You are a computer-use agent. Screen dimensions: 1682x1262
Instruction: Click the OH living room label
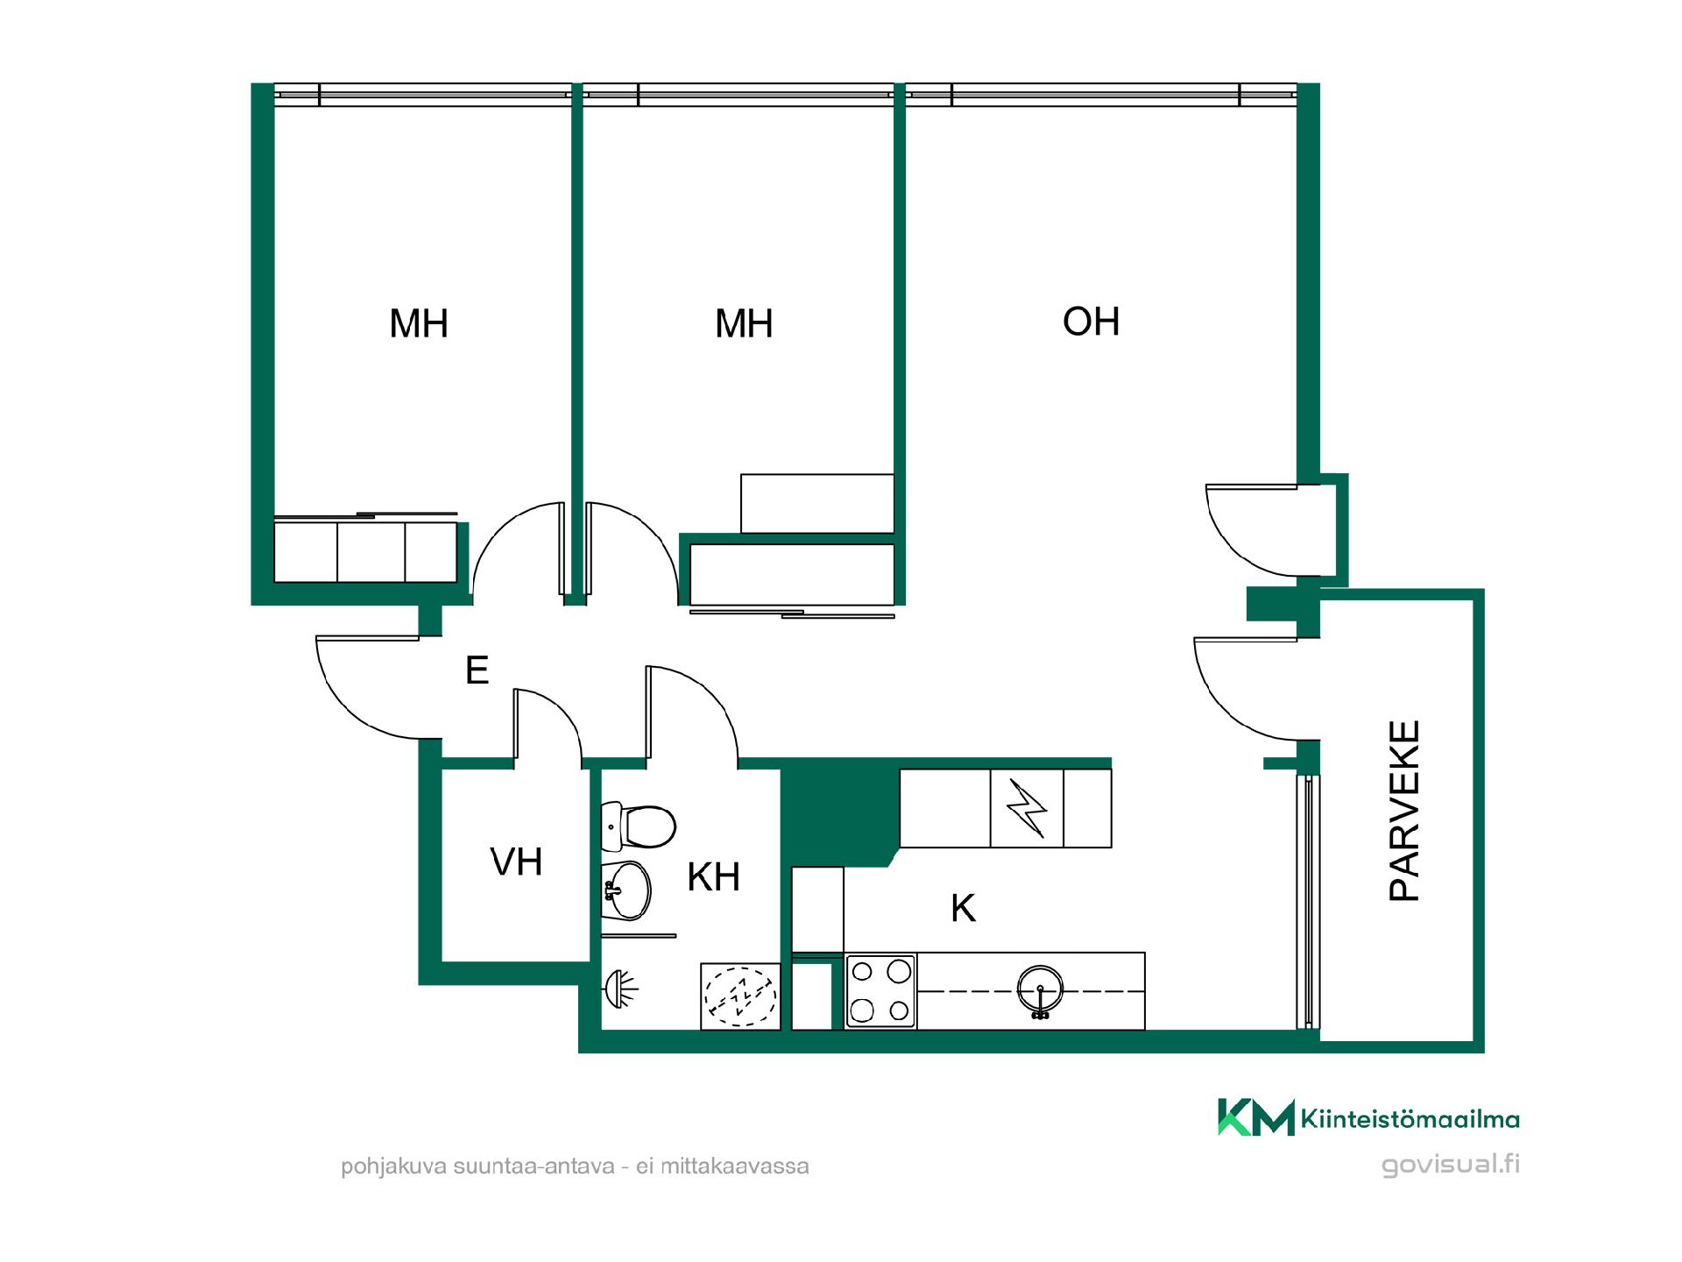point(1091,322)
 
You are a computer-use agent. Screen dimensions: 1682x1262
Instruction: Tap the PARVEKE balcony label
point(1404,811)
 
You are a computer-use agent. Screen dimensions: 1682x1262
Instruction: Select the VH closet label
point(516,861)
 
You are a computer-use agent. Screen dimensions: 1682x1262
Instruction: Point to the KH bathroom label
point(714,876)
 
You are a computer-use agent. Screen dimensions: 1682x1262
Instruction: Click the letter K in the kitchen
point(963,909)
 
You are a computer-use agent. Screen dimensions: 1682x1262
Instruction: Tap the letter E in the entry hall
point(477,670)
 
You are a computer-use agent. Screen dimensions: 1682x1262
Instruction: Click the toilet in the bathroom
point(639,826)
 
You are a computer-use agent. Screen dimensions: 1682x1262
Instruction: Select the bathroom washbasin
point(626,890)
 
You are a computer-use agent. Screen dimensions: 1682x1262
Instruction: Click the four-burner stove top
point(880,991)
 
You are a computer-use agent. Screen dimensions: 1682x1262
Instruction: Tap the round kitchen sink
point(1040,991)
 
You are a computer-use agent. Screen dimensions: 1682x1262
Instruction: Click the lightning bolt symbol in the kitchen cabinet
point(1026,808)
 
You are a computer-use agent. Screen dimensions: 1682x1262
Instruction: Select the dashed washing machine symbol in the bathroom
point(740,996)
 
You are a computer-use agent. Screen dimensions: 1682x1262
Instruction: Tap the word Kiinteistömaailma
point(1410,1119)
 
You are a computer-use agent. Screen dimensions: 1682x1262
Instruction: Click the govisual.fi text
point(1450,1166)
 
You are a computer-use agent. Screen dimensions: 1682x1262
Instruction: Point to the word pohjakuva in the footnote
point(393,1167)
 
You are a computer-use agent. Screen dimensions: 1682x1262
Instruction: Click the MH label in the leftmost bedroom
point(419,323)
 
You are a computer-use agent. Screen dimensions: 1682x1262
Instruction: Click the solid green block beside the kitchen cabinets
point(839,815)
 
